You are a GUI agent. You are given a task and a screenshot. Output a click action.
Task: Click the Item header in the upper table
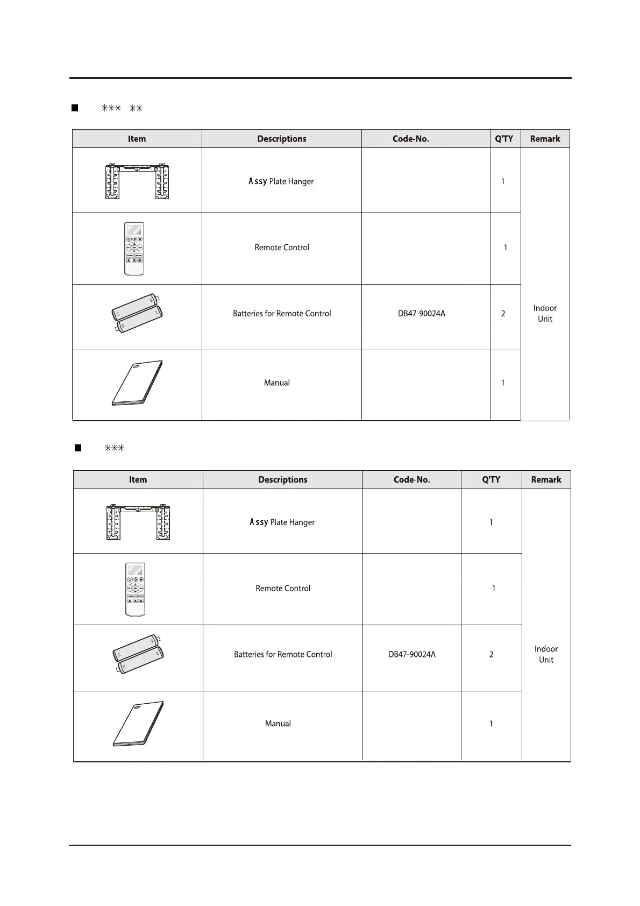(x=137, y=139)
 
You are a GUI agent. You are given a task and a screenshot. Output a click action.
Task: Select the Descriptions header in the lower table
(x=283, y=480)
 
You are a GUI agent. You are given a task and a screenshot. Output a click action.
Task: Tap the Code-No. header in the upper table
(x=411, y=139)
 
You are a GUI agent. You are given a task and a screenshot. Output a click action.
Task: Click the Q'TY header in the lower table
(x=491, y=480)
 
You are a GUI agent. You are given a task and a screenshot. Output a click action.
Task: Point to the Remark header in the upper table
(x=545, y=139)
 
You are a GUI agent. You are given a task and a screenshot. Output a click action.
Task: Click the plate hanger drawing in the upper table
(x=137, y=181)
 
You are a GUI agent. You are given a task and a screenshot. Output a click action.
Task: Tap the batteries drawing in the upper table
(x=137, y=314)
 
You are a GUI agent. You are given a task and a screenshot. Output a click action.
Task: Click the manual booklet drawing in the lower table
(x=138, y=724)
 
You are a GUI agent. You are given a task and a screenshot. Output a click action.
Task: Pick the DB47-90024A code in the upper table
(x=422, y=314)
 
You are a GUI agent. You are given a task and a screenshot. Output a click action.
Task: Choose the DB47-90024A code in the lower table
(x=412, y=655)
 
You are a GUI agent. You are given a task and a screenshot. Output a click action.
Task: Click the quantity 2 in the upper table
(x=503, y=314)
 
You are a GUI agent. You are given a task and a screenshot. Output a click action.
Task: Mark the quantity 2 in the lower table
(x=491, y=655)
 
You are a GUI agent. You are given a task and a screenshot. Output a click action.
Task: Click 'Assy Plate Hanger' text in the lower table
(x=282, y=522)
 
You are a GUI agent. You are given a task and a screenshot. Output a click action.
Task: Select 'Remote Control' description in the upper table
(x=282, y=247)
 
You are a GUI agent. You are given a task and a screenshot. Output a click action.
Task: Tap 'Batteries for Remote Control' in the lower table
(x=283, y=655)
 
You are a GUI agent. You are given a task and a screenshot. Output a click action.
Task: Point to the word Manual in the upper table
(x=277, y=383)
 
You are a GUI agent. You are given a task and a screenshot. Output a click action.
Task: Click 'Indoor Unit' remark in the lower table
(x=546, y=654)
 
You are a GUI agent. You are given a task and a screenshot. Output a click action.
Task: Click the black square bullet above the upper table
(x=75, y=108)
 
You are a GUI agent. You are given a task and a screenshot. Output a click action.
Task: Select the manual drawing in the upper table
(x=137, y=383)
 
